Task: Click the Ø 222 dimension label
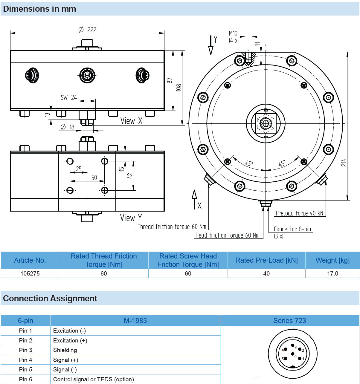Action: (x=87, y=29)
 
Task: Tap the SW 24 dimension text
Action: (x=69, y=98)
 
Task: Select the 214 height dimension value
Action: (x=344, y=163)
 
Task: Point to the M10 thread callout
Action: (x=233, y=33)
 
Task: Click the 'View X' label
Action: (x=131, y=121)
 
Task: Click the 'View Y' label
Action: (x=131, y=218)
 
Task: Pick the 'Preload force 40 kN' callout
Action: (x=299, y=213)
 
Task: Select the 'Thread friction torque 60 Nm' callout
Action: (x=172, y=227)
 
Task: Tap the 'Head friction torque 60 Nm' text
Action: (x=227, y=235)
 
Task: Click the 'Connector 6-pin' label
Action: (x=292, y=229)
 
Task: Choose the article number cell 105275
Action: (x=30, y=273)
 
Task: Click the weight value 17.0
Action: (x=332, y=273)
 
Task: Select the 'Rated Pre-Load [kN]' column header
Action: (x=266, y=260)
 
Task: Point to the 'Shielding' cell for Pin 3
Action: (x=65, y=350)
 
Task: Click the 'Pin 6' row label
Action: (x=25, y=379)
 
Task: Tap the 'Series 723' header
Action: (x=289, y=321)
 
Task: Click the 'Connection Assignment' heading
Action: (x=50, y=298)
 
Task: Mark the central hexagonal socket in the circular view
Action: (x=266, y=123)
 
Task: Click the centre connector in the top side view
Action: (x=87, y=75)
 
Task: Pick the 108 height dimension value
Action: (x=179, y=87)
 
